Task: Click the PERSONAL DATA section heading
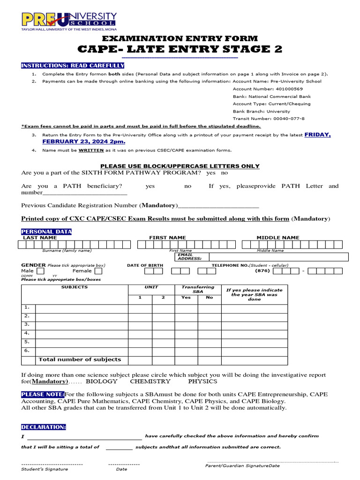tap(46, 232)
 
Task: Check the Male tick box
tap(41, 271)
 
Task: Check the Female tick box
tap(98, 271)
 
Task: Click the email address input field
tap(278, 257)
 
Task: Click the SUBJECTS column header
tap(75, 287)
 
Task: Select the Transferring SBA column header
tap(198, 289)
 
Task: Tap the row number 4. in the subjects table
tap(27, 333)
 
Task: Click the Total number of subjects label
tap(80, 360)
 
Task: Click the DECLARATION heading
tap(44, 427)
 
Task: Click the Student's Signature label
tap(45, 469)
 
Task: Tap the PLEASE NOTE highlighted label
tap(43, 394)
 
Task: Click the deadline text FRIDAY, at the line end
tap(317, 135)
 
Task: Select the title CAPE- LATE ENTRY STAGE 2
tap(180, 49)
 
